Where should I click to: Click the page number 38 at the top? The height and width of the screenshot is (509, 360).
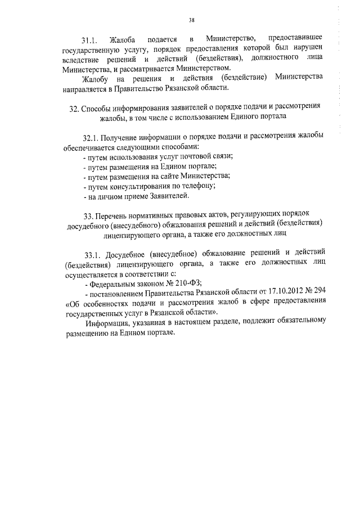(192, 20)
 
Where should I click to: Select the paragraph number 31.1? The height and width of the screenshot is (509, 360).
(91, 40)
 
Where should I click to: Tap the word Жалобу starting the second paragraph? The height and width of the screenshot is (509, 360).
(98, 76)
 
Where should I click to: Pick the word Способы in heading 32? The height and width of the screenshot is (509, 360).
(99, 108)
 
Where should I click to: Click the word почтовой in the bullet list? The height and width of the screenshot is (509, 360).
(193, 155)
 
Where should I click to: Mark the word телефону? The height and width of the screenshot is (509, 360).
(201, 186)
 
